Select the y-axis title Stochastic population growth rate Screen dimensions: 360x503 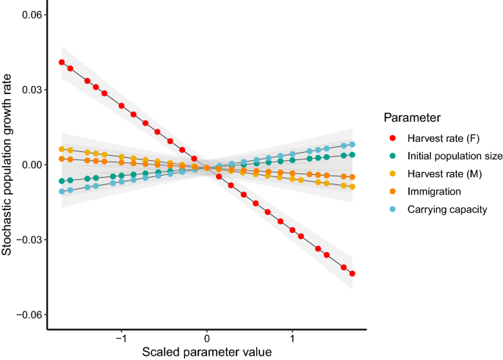click(x=7, y=163)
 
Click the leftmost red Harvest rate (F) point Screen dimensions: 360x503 click(x=62, y=62)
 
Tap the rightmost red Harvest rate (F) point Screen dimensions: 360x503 click(x=352, y=273)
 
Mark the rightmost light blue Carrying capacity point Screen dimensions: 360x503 click(x=352, y=145)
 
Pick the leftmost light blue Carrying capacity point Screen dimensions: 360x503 click(x=62, y=192)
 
